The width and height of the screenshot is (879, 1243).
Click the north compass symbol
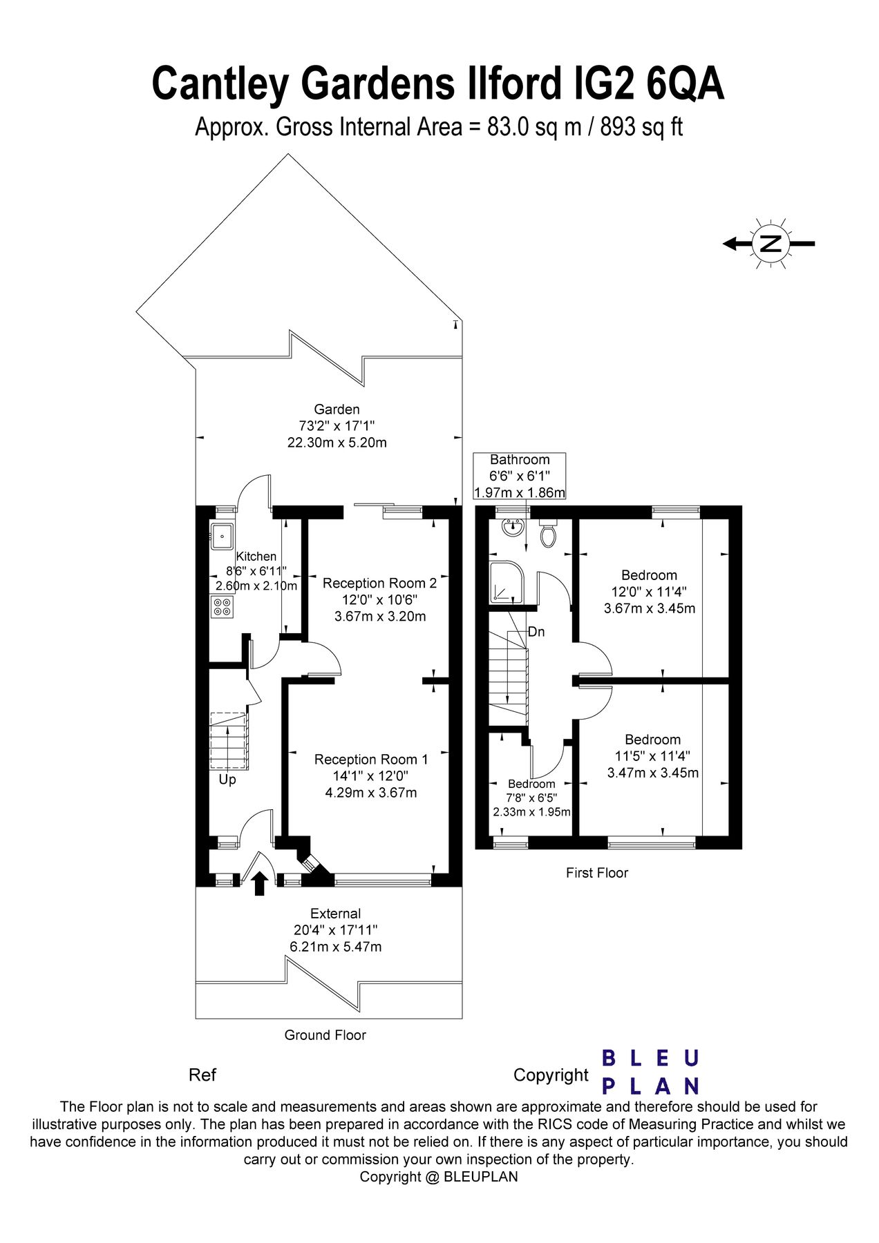tap(770, 243)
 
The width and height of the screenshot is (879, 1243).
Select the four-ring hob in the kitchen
tap(223, 607)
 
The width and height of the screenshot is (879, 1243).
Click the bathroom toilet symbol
tap(548, 535)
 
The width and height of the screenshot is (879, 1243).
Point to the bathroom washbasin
tap(512, 529)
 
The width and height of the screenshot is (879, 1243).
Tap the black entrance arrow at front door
tap(260, 883)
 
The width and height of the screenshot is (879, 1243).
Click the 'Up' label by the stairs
tap(227, 780)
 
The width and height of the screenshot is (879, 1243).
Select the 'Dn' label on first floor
tap(536, 631)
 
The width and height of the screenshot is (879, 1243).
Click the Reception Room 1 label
tap(371, 759)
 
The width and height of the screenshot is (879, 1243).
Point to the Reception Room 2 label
tap(379, 583)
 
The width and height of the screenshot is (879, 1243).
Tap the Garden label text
tap(337, 409)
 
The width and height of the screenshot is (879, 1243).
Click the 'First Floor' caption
tap(596, 873)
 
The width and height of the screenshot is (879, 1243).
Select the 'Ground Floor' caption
tap(325, 1035)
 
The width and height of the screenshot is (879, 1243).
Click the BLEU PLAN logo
tap(650, 1072)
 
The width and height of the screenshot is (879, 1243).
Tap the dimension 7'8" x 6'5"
tap(531, 798)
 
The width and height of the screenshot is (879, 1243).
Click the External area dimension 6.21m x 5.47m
tap(335, 947)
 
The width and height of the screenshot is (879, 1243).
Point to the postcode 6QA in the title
tap(684, 84)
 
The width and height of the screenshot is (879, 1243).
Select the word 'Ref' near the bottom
tap(202, 1075)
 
